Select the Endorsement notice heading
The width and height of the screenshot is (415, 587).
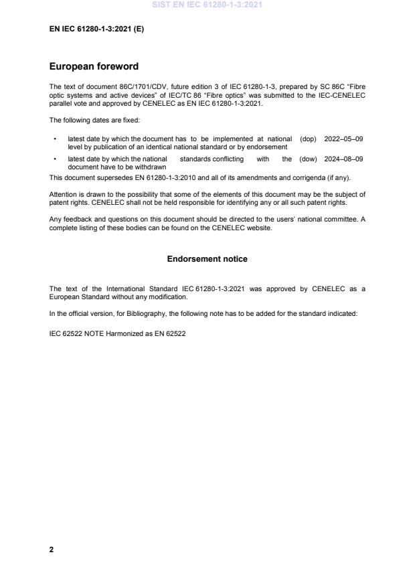(207, 258)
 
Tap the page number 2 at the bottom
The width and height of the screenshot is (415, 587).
(52, 550)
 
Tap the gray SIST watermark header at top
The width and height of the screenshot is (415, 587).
(207, 5)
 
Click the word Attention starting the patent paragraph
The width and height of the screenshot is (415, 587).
(63, 195)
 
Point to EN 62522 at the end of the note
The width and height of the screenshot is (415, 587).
(171, 333)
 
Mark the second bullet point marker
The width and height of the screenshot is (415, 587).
(54, 159)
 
